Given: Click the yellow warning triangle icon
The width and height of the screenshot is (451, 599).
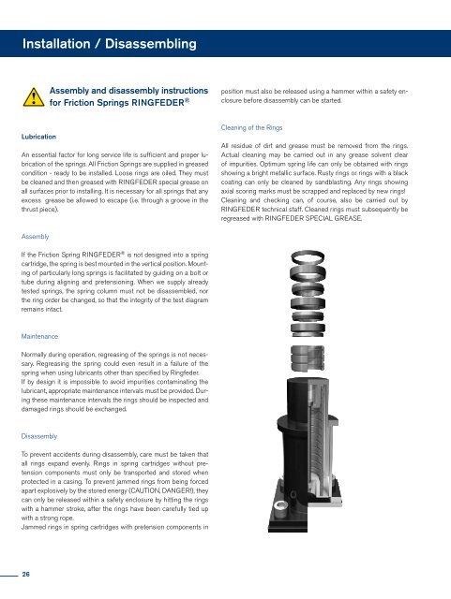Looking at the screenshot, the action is pyautogui.click(x=34, y=97).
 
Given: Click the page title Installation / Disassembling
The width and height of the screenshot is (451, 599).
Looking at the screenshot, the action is pyautogui.click(x=110, y=44).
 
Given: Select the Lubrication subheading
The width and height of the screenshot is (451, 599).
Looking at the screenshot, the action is pyautogui.click(x=38, y=137).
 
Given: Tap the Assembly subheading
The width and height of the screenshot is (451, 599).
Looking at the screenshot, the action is pyautogui.click(x=36, y=237).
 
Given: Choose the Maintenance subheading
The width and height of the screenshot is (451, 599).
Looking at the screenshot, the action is pyautogui.click(x=39, y=337).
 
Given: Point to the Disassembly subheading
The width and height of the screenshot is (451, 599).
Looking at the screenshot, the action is pyautogui.click(x=39, y=436).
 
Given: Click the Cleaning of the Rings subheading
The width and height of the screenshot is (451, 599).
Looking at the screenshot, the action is pyautogui.click(x=251, y=127).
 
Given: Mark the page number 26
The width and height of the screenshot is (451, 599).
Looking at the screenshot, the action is pyautogui.click(x=25, y=574).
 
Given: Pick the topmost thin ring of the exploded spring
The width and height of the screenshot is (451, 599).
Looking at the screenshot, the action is pyautogui.click(x=308, y=256).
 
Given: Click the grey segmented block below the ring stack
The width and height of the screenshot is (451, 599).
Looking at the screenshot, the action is pyautogui.click(x=308, y=358).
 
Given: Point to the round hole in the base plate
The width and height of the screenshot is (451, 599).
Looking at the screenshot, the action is pyautogui.click(x=281, y=508).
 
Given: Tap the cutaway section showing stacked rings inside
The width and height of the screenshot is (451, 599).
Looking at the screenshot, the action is pyautogui.click(x=319, y=451).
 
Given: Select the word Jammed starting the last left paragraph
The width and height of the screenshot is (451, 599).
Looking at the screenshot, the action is pyautogui.click(x=33, y=527).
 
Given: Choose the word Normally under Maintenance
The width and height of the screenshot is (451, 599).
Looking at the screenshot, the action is pyautogui.click(x=34, y=355).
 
